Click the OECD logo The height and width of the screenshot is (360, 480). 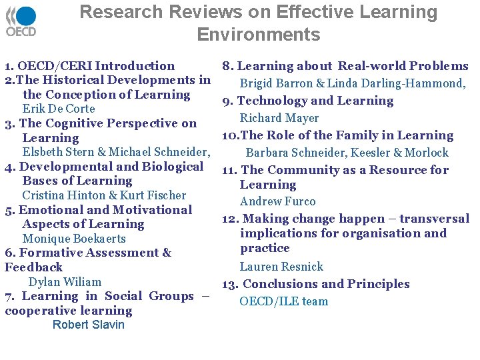tap(21, 21)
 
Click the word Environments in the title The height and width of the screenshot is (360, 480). tap(259, 35)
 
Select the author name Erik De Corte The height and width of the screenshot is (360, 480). tap(59, 109)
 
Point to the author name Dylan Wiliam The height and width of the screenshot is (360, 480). tap(65, 282)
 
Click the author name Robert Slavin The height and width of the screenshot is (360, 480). tap(88, 325)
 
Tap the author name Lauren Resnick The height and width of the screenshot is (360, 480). tap(281, 267)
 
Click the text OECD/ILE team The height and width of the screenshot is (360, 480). tap(284, 301)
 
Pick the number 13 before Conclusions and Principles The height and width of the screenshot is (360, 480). tap(229, 285)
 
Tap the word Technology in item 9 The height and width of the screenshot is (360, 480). tap(271, 101)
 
